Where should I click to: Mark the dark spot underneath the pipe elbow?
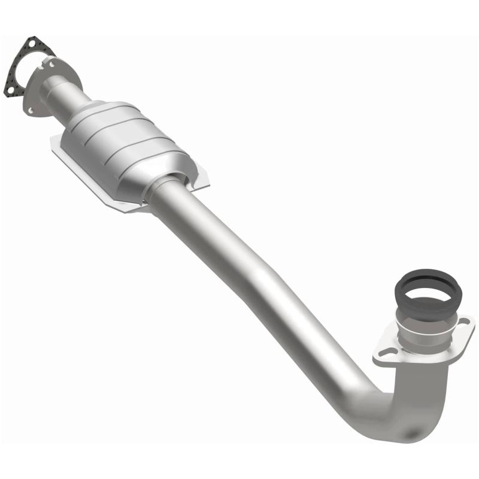tap(414, 432)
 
